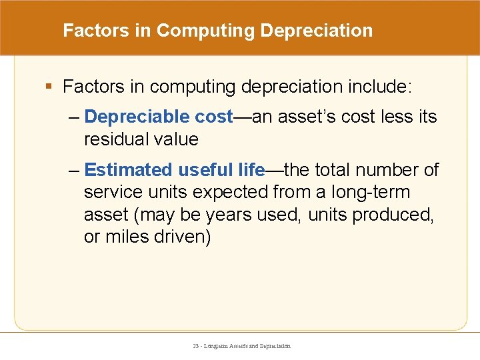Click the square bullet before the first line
coord(50,87)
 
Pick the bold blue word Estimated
coord(129,170)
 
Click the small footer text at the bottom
coord(241,346)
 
